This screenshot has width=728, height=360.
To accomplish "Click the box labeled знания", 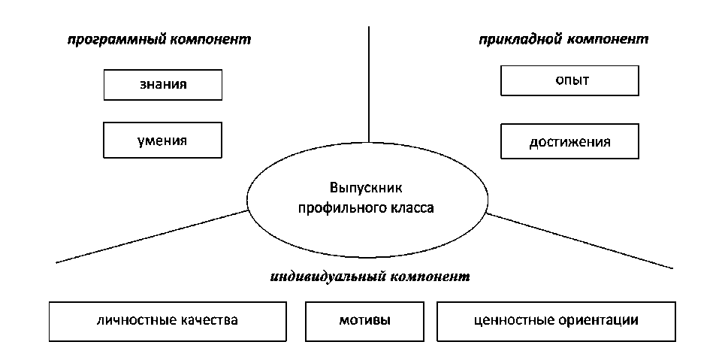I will click(163, 85).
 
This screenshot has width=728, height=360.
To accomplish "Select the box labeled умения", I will click(163, 140).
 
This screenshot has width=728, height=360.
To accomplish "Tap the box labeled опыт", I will click(569, 80).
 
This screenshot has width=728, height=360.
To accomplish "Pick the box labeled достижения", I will click(569, 141).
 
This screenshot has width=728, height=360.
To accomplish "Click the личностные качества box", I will click(168, 321).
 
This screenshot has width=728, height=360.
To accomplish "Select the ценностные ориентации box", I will click(557, 321).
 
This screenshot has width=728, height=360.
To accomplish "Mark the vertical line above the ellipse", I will click(369, 83).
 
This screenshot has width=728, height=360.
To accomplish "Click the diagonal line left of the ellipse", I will click(150, 237).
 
